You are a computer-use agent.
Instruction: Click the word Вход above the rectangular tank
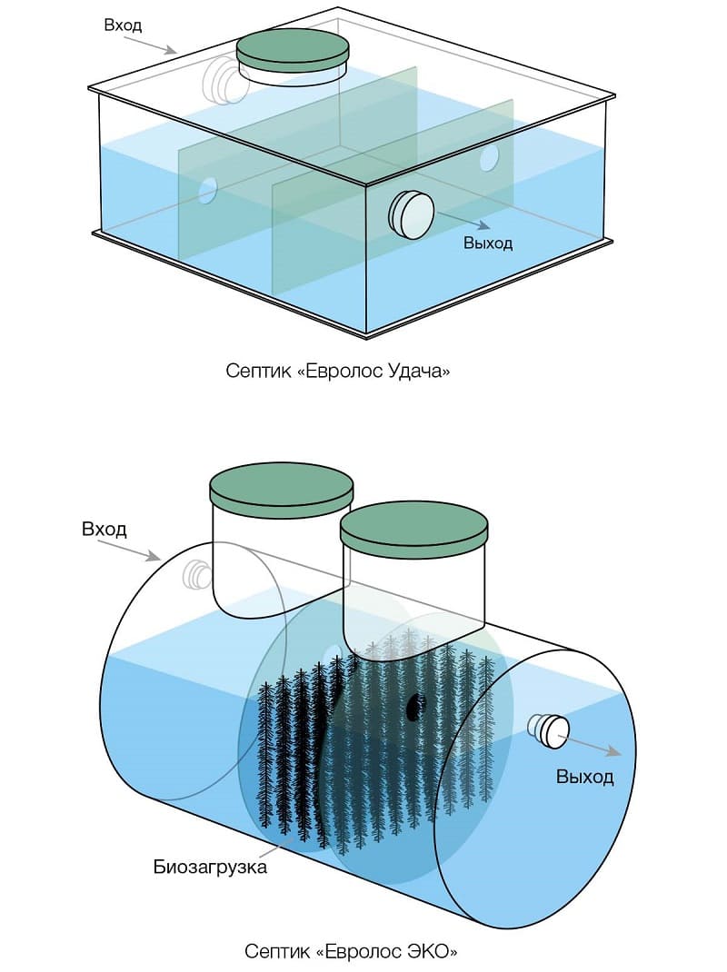coord(124,25)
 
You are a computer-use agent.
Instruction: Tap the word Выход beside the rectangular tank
coord(488,243)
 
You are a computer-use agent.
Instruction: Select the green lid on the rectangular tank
coord(292,49)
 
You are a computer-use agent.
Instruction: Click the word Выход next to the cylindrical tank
coord(584,778)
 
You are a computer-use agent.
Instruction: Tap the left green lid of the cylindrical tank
coord(281,491)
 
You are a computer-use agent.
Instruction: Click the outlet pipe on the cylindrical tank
coord(550,729)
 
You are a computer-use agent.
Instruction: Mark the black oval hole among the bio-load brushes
coord(415,706)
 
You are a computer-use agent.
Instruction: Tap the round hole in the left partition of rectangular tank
coord(208,190)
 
